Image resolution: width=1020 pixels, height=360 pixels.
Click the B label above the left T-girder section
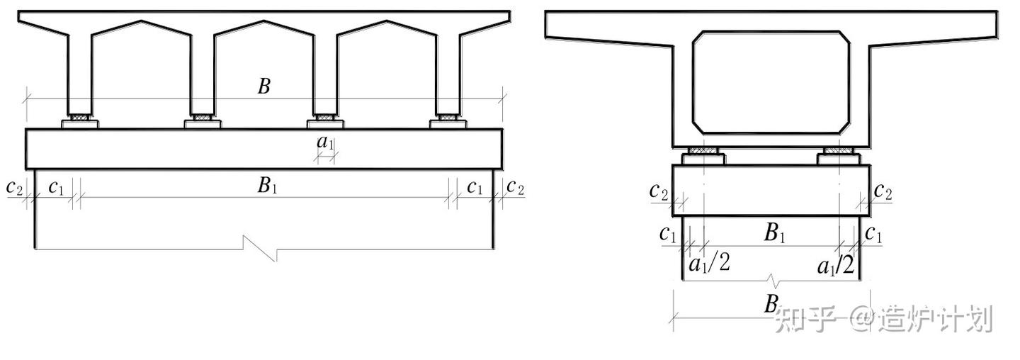pyautogui.click(x=264, y=86)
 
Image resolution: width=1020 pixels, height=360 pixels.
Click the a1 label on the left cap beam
pyautogui.click(x=325, y=142)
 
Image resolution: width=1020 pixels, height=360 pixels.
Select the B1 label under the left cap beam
pyautogui.click(x=267, y=186)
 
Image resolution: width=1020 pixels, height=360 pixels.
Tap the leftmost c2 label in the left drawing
pyautogui.click(x=14, y=187)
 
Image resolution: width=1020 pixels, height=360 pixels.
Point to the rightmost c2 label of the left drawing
pyautogui.click(x=515, y=187)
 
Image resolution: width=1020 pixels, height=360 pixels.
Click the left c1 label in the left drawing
pyautogui.click(x=56, y=187)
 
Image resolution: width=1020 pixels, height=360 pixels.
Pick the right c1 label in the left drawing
pyautogui.click(x=475, y=187)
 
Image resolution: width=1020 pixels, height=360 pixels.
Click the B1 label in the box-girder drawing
pyautogui.click(x=775, y=233)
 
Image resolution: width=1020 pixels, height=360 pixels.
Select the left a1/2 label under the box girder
pyautogui.click(x=710, y=263)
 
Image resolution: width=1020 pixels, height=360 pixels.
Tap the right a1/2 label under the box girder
pyautogui.click(x=836, y=265)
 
